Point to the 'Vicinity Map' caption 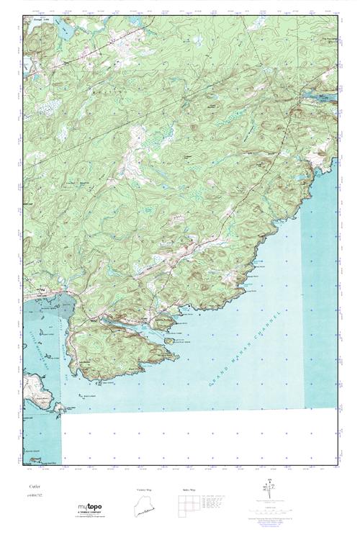(146, 490)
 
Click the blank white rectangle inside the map (198, 439)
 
